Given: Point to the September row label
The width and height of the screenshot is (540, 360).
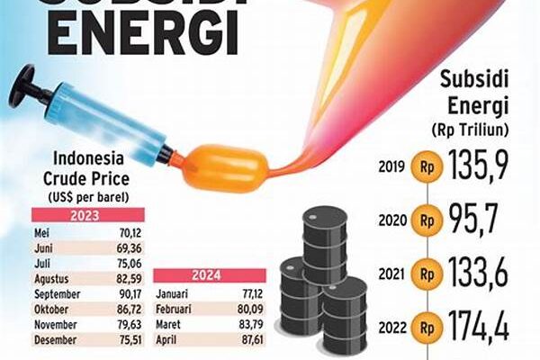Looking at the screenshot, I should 58,292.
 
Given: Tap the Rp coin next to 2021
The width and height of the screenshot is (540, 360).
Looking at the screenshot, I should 426,271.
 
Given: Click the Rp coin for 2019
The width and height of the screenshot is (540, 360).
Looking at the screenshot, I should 426,166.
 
